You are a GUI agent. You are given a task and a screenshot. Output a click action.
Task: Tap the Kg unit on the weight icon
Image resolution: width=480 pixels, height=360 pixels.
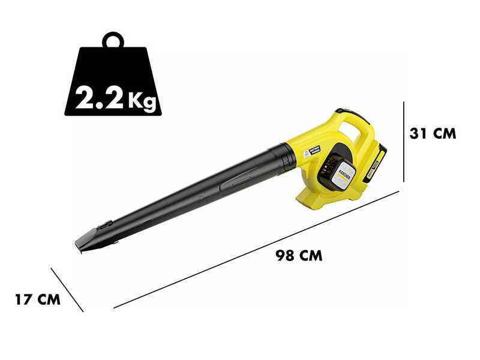[x=143, y=98]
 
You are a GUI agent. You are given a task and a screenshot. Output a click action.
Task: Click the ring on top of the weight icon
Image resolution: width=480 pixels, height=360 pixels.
[x=113, y=41]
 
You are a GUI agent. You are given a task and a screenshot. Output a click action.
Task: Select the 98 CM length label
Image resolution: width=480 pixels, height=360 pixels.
[x=299, y=256]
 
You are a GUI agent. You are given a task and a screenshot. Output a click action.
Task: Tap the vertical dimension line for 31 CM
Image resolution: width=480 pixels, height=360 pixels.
[x=404, y=141]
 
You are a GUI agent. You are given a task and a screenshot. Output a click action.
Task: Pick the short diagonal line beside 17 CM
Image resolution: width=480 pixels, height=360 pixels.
[x=67, y=289]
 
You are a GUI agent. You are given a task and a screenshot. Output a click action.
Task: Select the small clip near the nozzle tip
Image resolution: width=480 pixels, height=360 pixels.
[x=105, y=224]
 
